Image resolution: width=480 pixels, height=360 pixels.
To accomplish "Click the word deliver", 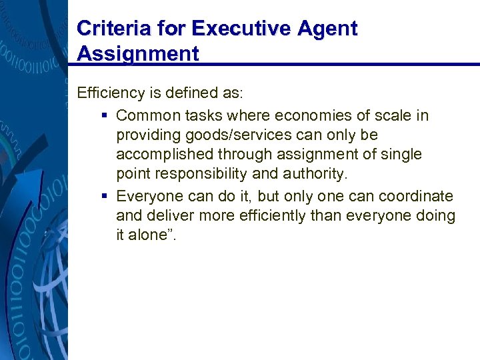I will click(167, 216).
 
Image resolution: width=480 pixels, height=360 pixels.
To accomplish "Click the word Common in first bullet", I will click(147, 115).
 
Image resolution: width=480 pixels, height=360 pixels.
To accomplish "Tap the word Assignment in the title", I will click(138, 53).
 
